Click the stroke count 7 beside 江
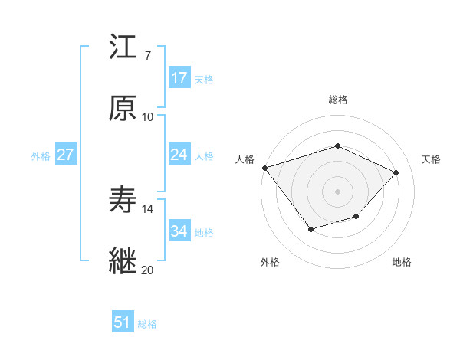(147, 56)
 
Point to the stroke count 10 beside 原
(147, 117)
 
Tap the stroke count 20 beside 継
(147, 270)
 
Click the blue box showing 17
(179, 78)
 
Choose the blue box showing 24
(179, 155)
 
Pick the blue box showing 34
(179, 231)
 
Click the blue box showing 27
(65, 155)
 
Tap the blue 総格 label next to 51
(147, 324)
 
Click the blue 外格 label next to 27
(41, 156)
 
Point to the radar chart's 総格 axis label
(337, 100)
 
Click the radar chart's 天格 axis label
(431, 159)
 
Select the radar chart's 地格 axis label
(402, 262)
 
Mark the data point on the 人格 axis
(264, 167)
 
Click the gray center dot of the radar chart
(337, 191)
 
